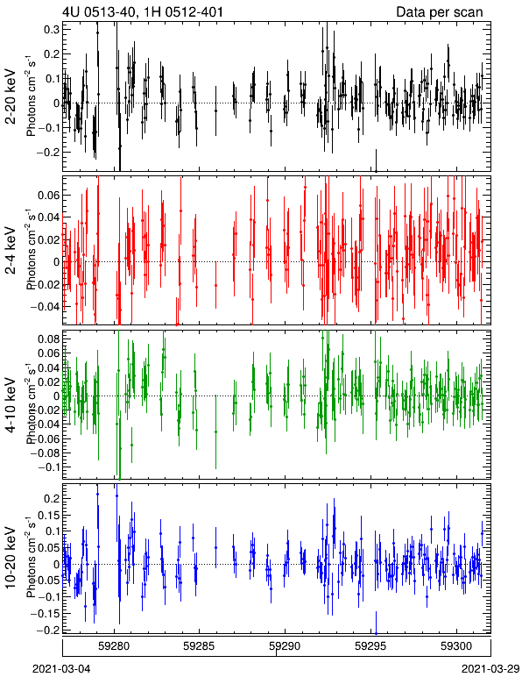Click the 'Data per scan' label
pos(440,11)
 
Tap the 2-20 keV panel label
pos(11,96)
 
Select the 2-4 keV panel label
pos(11,252)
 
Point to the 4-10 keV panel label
pos(11,405)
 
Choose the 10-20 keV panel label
pos(11,558)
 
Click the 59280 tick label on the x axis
pos(114,647)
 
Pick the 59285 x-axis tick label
pos(199,647)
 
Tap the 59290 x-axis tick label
pos(285,647)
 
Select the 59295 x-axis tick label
pos(370,647)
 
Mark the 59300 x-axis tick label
pos(456,647)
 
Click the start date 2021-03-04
pos(61,669)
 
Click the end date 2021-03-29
pos(490,669)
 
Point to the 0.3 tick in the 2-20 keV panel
pos(52,29)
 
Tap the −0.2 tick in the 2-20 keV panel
pos(48,153)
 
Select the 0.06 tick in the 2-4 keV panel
pos(48,196)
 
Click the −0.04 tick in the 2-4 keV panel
pos(45,307)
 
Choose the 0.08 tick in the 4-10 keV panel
pos(48,338)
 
